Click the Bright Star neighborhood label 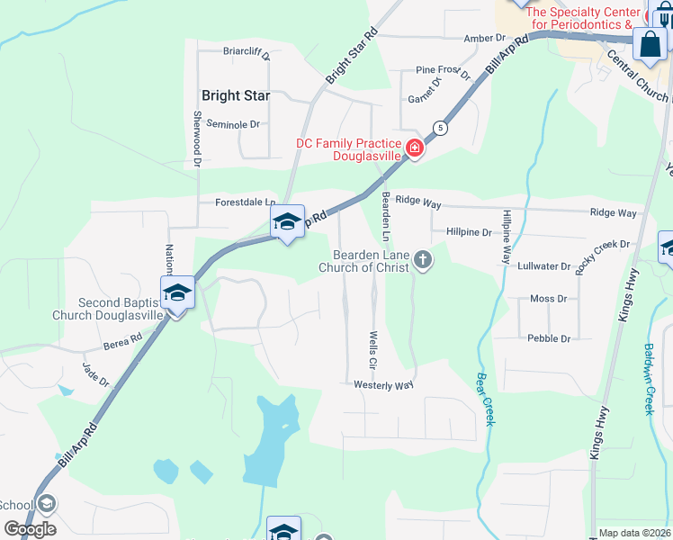tap(233, 95)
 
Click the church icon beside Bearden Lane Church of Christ tap(422, 261)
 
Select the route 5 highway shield tap(439, 127)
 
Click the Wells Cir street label tap(372, 350)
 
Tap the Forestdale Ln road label tap(245, 202)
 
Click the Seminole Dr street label tap(232, 124)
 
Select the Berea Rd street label tap(122, 339)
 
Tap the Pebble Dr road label tap(549, 338)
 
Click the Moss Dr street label tap(548, 298)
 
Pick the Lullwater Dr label tap(544, 266)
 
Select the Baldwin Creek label tap(649, 379)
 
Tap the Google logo tap(30, 528)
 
